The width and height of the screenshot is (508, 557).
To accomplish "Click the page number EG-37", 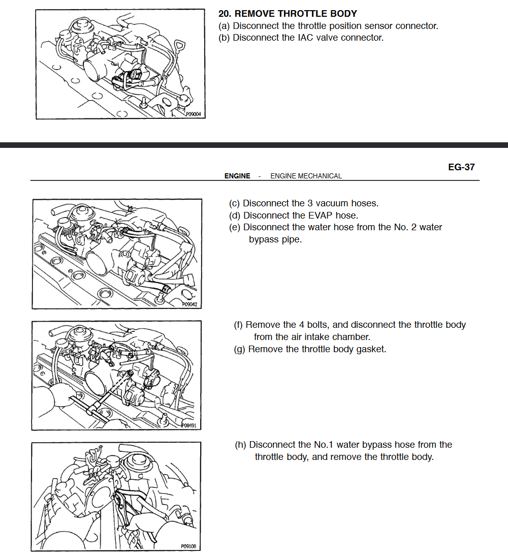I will coord(461,167).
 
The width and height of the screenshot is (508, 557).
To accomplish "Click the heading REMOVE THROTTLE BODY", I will coord(296,14).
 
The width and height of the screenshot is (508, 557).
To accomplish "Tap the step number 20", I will coord(225,14).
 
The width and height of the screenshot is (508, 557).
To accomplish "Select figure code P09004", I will coord(195,115).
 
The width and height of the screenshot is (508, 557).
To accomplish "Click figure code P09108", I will coord(188,547).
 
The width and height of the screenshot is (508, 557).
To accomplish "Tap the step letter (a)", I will coord(224,26).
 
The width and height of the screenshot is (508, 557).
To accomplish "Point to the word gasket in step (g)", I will coord(371,349).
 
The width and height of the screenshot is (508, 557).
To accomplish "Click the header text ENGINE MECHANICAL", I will coord(306,176).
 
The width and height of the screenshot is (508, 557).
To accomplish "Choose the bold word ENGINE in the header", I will coord(237,176).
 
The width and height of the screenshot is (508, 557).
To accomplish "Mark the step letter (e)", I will coord(235,227).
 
